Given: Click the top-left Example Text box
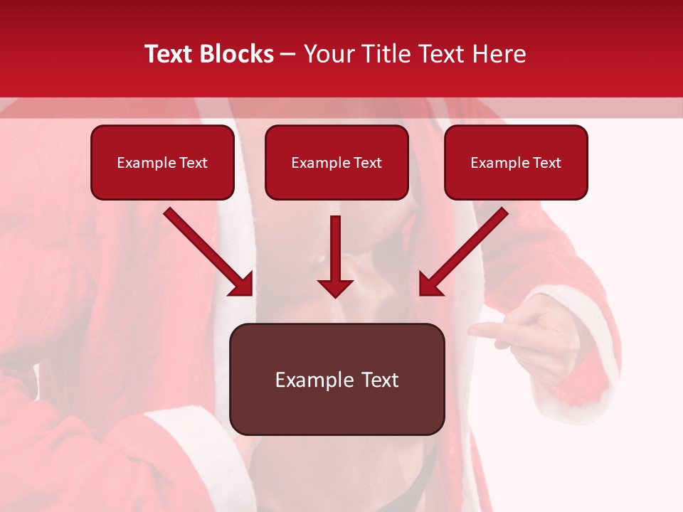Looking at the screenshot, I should [x=162, y=163].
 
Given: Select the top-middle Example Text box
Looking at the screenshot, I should [x=337, y=163].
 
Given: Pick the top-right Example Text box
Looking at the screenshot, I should [x=516, y=163].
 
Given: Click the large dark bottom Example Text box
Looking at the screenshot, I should [x=337, y=379].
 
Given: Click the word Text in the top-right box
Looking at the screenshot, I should [x=546, y=163].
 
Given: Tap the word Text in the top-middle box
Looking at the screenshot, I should [x=367, y=163].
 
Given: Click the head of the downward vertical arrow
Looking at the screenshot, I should [x=335, y=287].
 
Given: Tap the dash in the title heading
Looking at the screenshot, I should [x=288, y=55].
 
